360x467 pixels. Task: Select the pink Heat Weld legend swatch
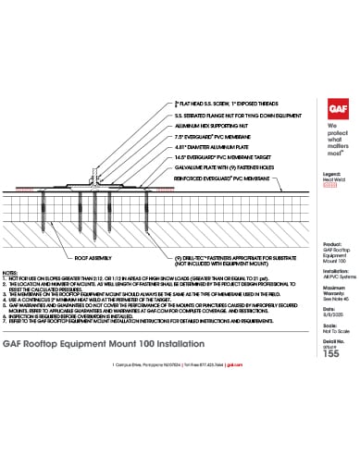323,185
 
